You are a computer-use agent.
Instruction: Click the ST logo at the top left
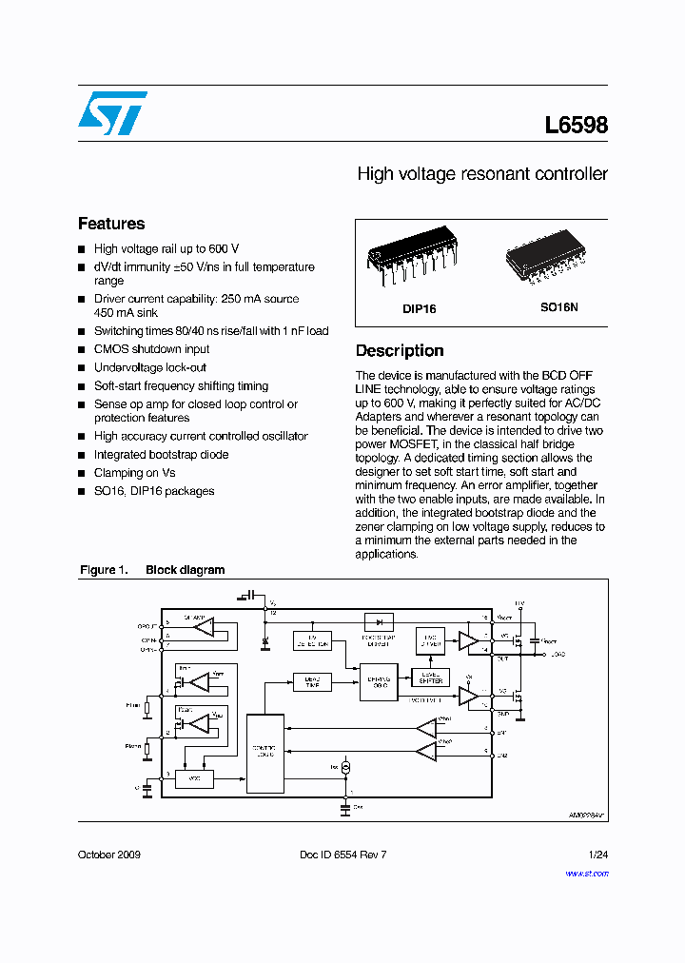(112, 113)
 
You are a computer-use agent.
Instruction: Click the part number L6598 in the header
(576, 126)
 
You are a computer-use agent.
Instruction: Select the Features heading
(111, 224)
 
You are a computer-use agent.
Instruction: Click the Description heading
(400, 350)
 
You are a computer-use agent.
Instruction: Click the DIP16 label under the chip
(420, 309)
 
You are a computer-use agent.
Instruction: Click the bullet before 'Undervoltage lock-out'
(82, 368)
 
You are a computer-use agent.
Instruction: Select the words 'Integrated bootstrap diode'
(161, 454)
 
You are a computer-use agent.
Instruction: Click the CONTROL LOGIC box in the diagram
(264, 753)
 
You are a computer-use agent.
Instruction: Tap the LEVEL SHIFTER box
(431, 678)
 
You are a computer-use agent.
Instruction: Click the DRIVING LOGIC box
(378, 682)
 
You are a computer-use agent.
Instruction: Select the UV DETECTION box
(312, 640)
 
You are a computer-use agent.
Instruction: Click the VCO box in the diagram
(194, 779)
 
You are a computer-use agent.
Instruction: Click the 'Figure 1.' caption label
(103, 570)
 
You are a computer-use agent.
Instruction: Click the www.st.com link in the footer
(589, 871)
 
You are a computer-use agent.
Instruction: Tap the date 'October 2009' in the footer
(108, 855)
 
